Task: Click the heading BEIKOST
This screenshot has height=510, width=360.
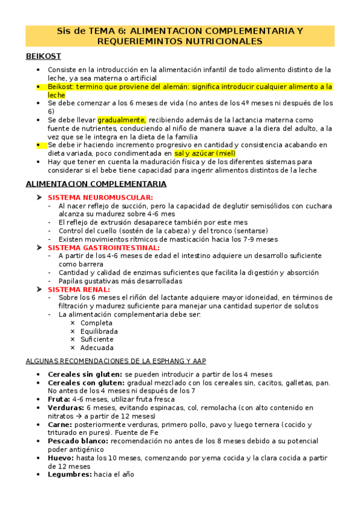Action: point(43,56)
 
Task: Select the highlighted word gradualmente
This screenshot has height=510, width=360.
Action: point(121,120)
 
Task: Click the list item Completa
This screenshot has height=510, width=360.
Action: point(96,323)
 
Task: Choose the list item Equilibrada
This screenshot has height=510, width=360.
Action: point(99,331)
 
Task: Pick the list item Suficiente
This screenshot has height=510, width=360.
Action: point(97,339)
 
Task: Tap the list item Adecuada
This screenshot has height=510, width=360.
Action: point(97,348)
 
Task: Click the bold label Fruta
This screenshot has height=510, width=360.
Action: point(59,399)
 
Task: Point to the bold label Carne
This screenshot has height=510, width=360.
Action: point(60,424)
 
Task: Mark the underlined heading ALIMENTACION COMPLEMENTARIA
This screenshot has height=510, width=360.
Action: point(96,183)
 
